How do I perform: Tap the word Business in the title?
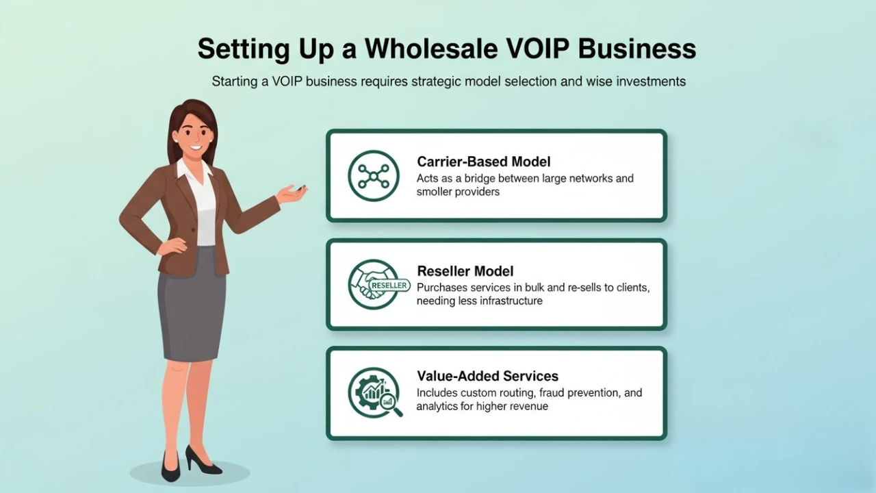tap(637, 49)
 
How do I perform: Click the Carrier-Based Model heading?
tap(483, 162)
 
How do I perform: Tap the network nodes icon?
tap(373, 176)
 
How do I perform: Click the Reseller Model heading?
tap(465, 271)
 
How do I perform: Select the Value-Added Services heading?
tap(487, 376)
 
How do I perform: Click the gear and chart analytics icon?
tap(374, 392)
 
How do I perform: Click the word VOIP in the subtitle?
tap(287, 81)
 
